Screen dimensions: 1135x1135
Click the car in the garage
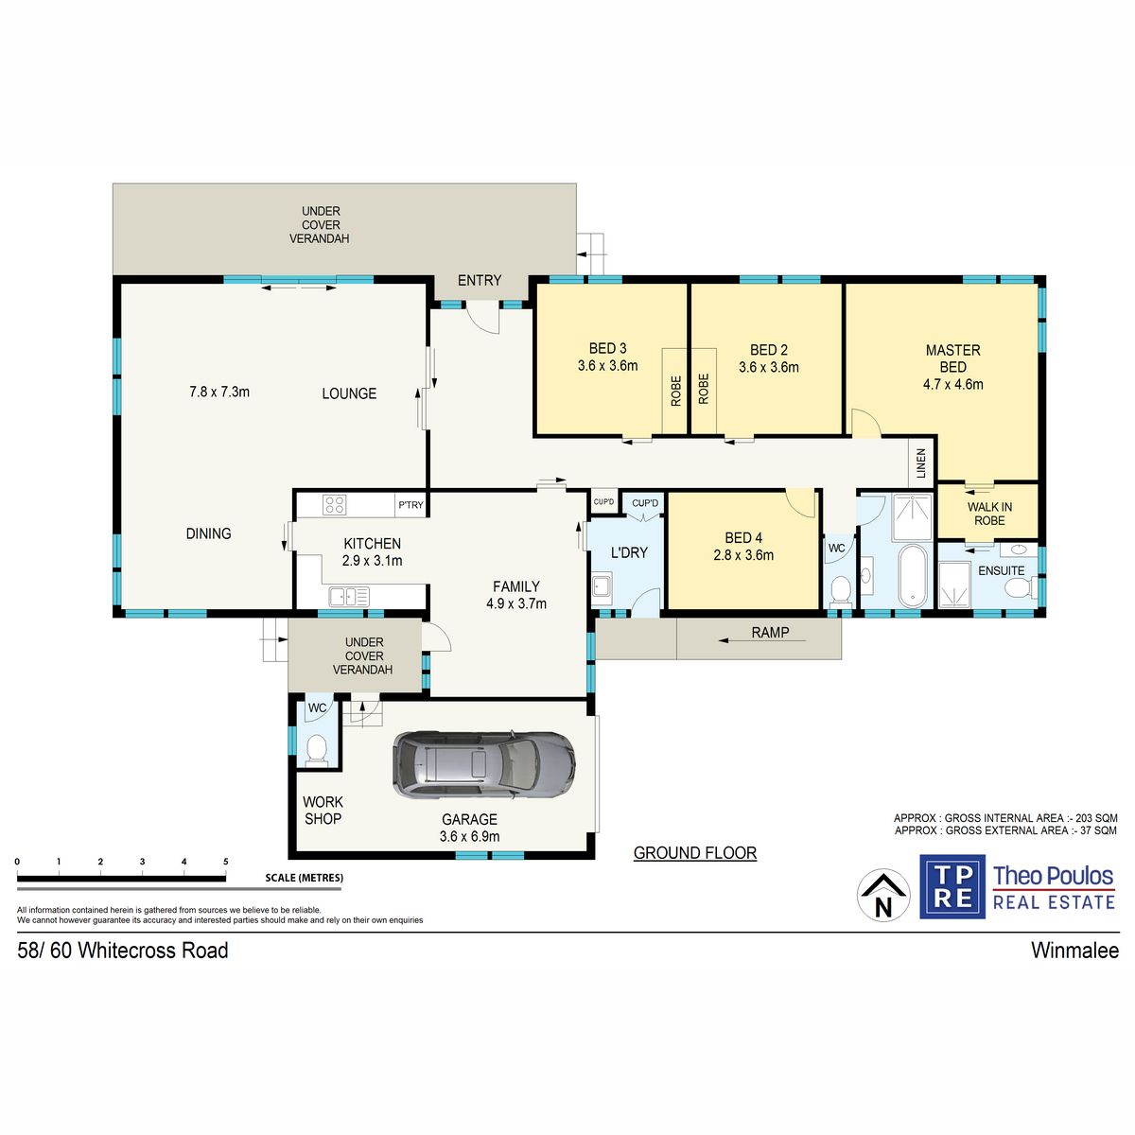[484, 764]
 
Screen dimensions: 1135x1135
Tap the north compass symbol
[882, 895]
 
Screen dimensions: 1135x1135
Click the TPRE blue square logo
[952, 886]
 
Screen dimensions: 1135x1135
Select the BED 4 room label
[743, 546]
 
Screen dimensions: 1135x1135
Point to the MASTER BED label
[952, 358]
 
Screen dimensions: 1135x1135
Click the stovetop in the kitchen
[334, 505]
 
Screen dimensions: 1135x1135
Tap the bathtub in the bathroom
[913, 575]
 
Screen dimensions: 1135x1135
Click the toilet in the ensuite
[1021, 587]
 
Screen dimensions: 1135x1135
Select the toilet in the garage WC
[317, 750]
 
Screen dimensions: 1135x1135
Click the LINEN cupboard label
[921, 463]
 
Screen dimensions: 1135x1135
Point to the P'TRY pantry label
[410, 505]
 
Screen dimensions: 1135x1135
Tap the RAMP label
[770, 632]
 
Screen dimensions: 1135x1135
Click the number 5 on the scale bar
[226, 861]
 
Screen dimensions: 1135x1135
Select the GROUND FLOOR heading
[695, 852]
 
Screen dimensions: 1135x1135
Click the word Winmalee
[1074, 951]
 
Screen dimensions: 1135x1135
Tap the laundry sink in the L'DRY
[601, 586]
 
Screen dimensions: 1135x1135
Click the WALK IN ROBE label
[989, 514]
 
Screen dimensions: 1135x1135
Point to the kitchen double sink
[349, 597]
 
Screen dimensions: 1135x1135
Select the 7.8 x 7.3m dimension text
[219, 392]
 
